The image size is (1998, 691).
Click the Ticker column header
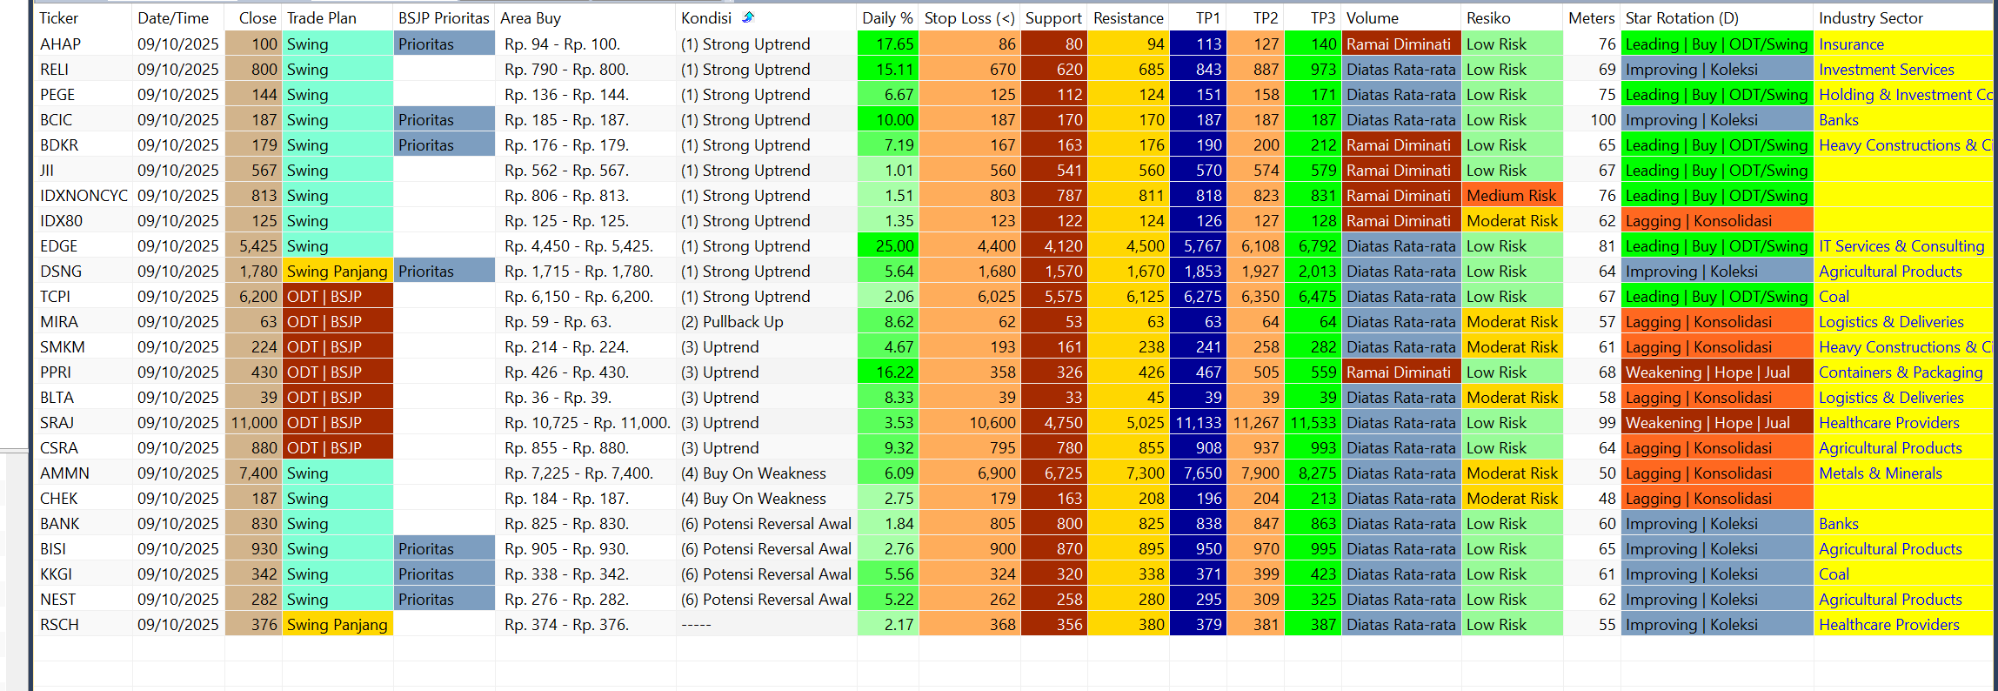pos(59,18)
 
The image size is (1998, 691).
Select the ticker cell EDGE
pos(59,246)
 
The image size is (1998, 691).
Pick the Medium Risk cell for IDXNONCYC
pos(1512,196)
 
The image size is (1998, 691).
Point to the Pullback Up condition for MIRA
pos(732,322)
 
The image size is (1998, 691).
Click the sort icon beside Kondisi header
pos(748,17)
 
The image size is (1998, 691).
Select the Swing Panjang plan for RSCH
pos(337,625)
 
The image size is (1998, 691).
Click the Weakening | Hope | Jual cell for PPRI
pos(1707,372)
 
